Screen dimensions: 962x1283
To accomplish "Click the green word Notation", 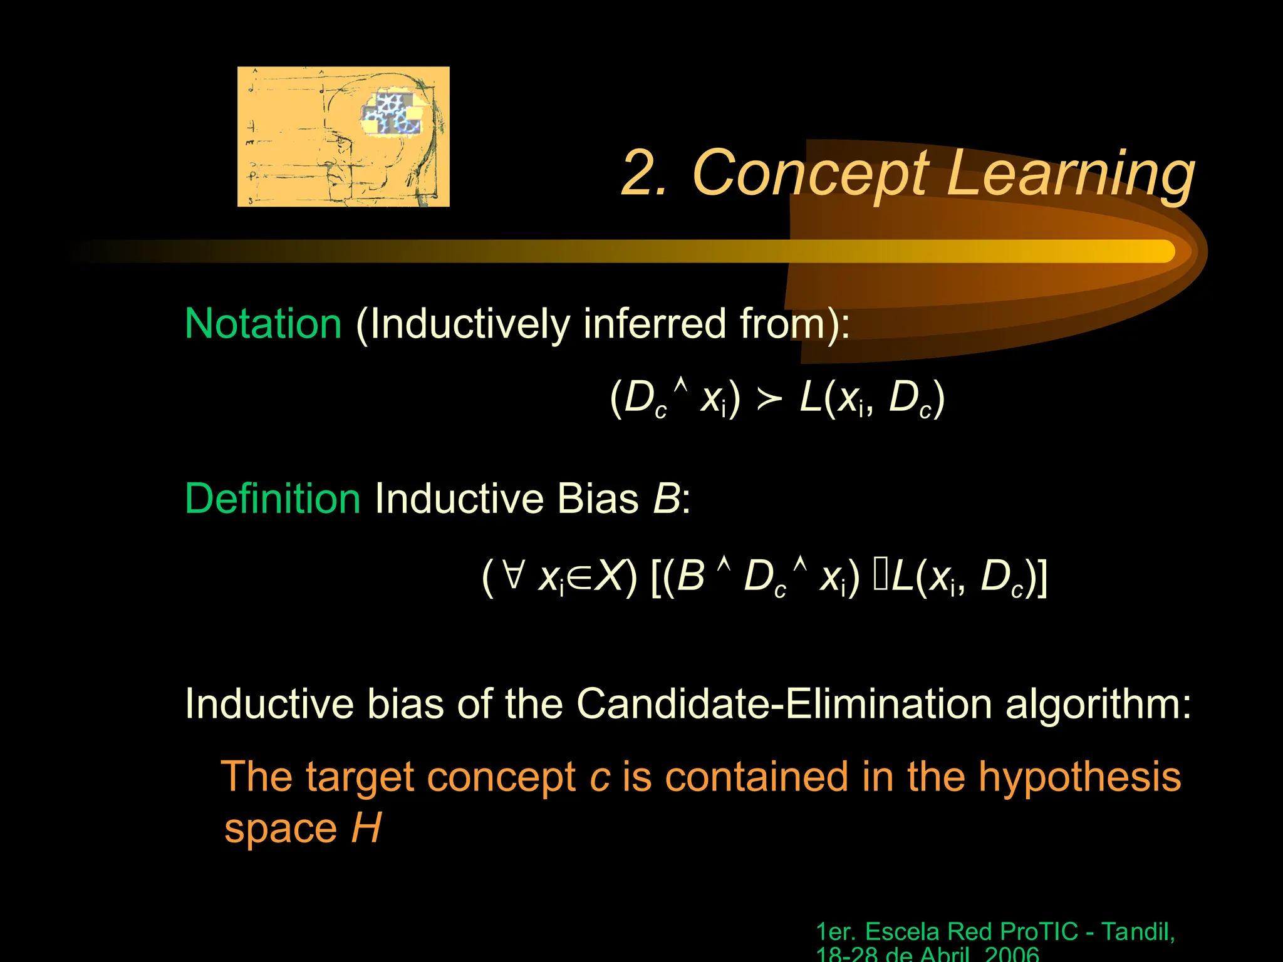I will [x=263, y=324].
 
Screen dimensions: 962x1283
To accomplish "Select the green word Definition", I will [x=273, y=499].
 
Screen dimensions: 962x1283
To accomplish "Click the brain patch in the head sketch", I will [x=392, y=113].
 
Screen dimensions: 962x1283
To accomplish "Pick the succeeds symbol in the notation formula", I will [x=769, y=400].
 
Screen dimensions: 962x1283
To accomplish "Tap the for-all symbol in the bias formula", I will [x=512, y=574].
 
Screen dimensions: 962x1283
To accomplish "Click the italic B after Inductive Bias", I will [x=666, y=499].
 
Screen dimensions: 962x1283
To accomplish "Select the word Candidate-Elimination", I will [x=784, y=704].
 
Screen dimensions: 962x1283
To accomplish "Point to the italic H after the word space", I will [x=366, y=828].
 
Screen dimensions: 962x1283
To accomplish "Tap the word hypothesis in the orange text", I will [x=1079, y=777].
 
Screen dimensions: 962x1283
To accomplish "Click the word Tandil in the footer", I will [x=1136, y=932].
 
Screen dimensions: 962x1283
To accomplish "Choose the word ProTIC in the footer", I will [x=1039, y=932].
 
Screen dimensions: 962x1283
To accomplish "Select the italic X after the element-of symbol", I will [x=609, y=576].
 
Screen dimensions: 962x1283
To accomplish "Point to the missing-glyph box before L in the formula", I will [x=880, y=576].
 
